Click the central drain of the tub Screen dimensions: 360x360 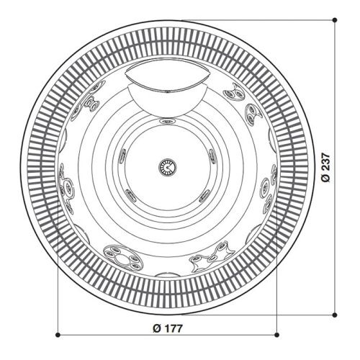click(x=166, y=166)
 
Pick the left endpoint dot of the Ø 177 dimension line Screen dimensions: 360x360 click(x=57, y=335)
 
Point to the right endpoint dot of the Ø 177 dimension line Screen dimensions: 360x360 click(x=276, y=335)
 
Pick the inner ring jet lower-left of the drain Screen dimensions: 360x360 click(x=130, y=193)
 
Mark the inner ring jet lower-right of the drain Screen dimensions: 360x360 click(x=204, y=193)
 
